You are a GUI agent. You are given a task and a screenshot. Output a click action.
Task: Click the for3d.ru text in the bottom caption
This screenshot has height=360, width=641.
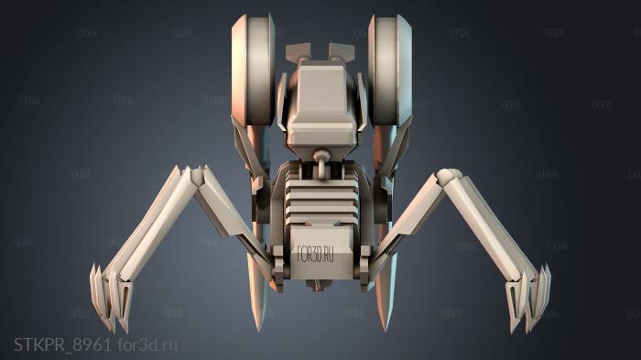(147, 344)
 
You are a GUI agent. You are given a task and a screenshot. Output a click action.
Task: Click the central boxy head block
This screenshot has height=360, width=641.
(320, 101)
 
